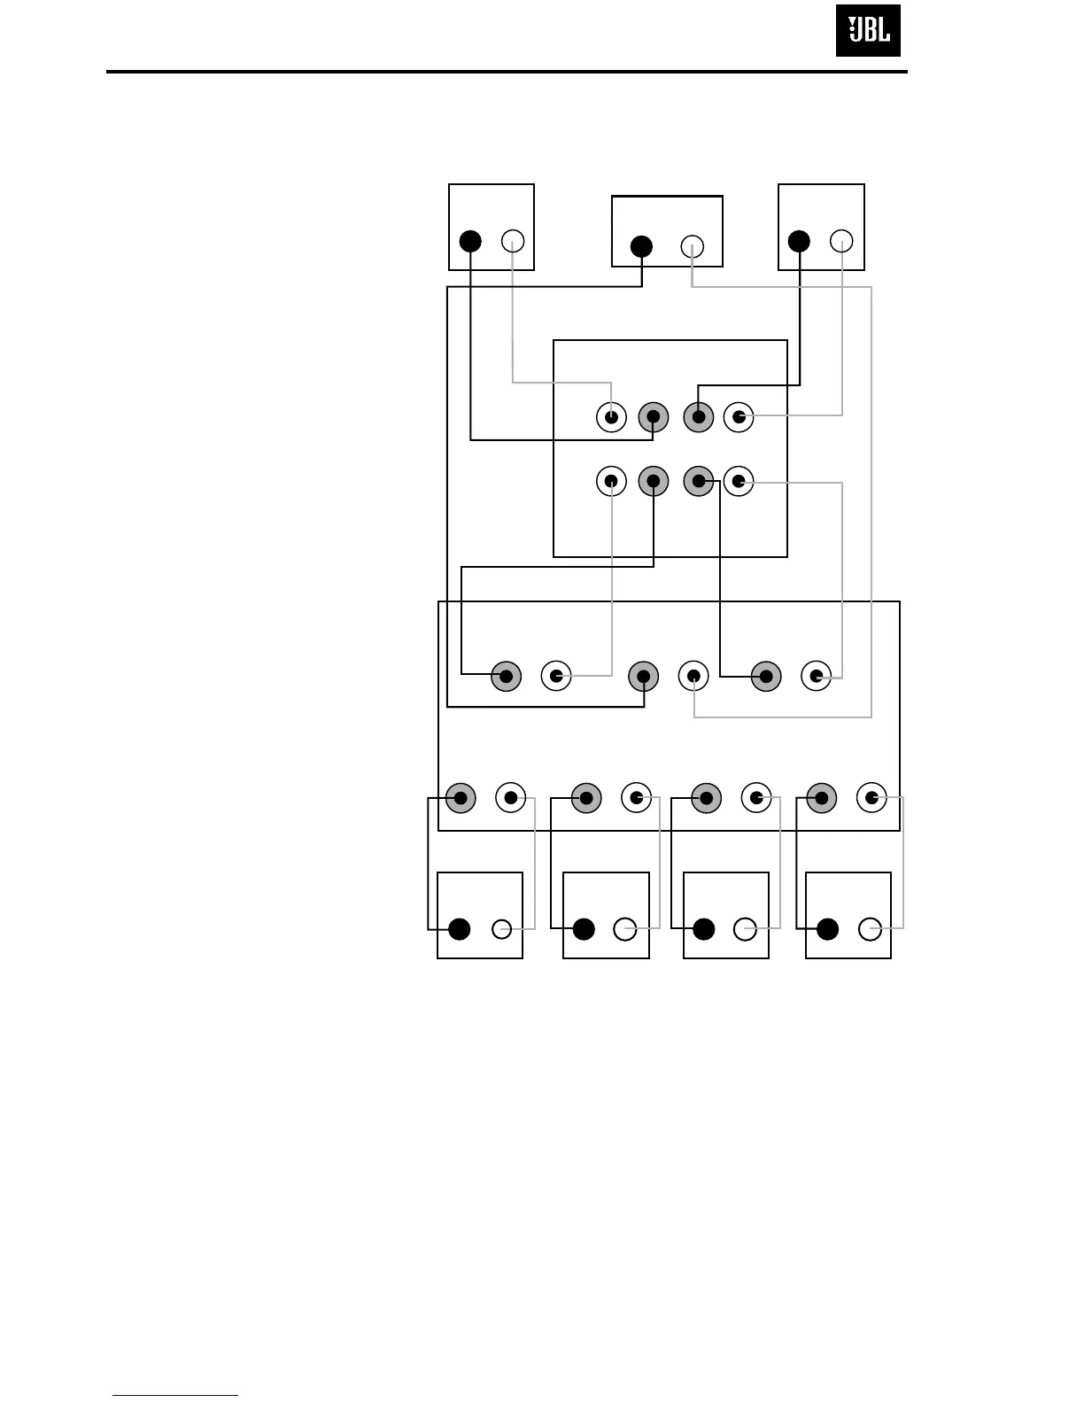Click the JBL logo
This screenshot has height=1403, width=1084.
tap(868, 31)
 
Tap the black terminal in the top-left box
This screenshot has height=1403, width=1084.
tap(470, 241)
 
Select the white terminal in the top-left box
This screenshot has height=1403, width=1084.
tap(513, 241)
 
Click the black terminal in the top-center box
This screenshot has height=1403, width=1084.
tap(641, 247)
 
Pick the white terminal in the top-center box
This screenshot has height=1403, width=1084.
tap(693, 247)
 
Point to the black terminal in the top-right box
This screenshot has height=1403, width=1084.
tap(799, 241)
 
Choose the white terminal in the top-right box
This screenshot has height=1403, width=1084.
tap(841, 241)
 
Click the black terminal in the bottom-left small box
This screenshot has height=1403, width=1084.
tap(459, 929)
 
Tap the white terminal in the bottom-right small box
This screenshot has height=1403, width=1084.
tap(871, 929)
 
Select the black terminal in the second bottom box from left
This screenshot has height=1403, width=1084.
tap(583, 929)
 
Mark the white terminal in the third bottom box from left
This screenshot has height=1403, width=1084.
tap(746, 929)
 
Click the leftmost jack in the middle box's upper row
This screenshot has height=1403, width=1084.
tap(611, 416)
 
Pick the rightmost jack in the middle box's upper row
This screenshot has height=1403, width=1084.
tap(739, 416)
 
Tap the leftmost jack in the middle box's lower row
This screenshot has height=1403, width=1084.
tap(611, 482)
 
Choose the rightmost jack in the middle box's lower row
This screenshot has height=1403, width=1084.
tap(739, 482)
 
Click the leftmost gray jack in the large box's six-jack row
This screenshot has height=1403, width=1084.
tap(507, 677)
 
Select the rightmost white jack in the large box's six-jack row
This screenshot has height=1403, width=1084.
tap(816, 677)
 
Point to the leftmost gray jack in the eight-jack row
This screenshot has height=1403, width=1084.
tap(461, 798)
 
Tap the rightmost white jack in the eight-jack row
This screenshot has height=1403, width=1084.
tap(872, 798)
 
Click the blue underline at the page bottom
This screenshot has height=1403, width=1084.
tap(175, 1396)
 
